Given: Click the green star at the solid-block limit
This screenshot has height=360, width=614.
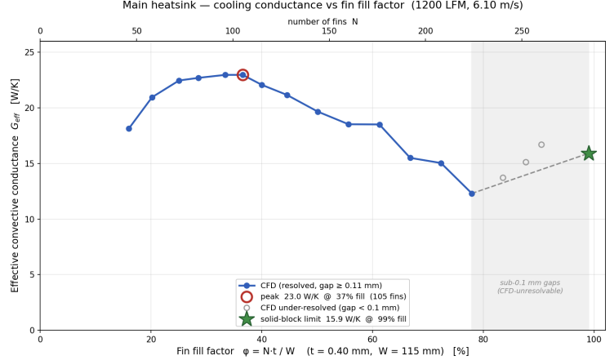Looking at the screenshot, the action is (x=589, y=153).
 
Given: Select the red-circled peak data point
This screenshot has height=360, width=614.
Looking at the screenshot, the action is (x=242, y=75).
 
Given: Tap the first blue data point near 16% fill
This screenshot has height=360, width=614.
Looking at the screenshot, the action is (x=129, y=129).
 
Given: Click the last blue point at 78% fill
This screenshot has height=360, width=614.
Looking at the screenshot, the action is (x=472, y=193).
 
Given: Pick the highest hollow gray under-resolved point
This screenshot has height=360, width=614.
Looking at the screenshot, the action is (x=541, y=144).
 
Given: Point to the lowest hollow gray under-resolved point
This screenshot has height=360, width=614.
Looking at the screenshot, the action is (x=503, y=178).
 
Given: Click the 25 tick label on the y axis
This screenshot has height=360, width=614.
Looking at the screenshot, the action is (x=29, y=52).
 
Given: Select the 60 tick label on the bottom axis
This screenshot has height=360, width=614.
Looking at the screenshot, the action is (x=372, y=340).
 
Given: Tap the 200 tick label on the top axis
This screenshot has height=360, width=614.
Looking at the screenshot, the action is (x=425, y=31).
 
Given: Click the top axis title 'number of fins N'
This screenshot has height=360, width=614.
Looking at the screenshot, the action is (x=323, y=21).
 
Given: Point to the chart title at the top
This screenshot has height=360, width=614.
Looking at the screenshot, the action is (x=323, y=6).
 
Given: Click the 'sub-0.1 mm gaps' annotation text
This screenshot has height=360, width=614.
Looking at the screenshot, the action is (x=530, y=282).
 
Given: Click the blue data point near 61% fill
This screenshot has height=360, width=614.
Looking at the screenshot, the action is (x=380, y=125).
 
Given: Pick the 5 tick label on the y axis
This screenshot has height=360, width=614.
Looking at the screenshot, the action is (x=33, y=275).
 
